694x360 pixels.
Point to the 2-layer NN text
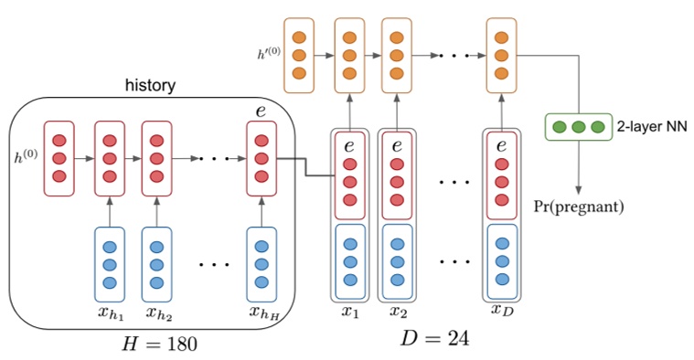click(651, 126)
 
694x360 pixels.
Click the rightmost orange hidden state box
click(501, 55)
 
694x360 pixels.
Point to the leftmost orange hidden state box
click(299, 55)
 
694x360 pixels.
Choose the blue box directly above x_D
click(501, 261)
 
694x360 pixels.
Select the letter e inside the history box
click(262, 111)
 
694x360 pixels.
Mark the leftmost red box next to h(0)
click(59, 157)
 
